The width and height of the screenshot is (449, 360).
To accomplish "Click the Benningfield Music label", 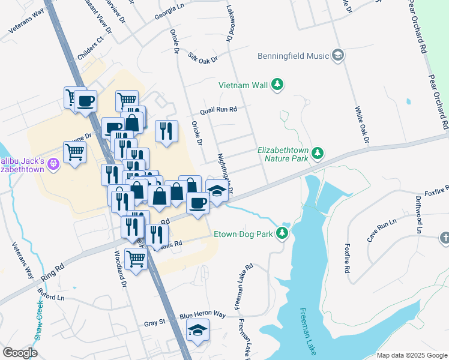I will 294,56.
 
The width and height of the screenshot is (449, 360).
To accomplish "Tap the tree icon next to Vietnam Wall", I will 277,85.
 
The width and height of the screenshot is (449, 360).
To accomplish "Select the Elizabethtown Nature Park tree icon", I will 318,154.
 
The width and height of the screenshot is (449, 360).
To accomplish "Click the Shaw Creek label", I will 38,324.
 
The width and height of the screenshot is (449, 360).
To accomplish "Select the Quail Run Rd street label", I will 219,110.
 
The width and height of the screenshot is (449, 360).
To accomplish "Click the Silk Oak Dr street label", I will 202,56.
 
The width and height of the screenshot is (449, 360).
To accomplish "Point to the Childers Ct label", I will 91,48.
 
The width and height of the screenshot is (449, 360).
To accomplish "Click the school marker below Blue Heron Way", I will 197,330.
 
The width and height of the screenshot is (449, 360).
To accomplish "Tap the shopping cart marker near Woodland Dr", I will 136,259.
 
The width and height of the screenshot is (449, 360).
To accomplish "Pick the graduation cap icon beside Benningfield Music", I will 337,56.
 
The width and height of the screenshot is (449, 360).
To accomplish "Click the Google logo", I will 20,352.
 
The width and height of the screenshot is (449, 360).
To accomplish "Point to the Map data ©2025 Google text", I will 411,355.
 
